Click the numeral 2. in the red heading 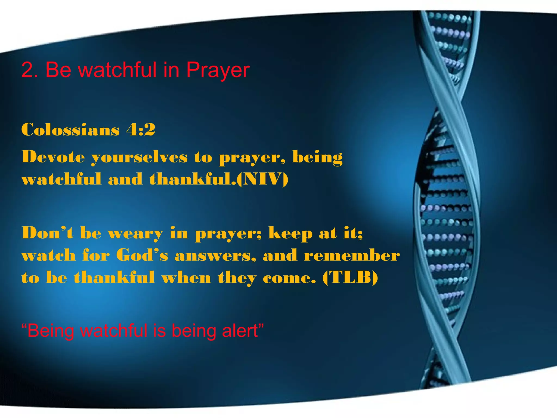29,70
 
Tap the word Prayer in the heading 218,70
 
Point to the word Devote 53,157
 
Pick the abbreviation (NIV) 262,180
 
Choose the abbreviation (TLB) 350,278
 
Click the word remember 352,255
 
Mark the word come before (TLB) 289,278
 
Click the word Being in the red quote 51,331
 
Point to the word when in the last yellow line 186,278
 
